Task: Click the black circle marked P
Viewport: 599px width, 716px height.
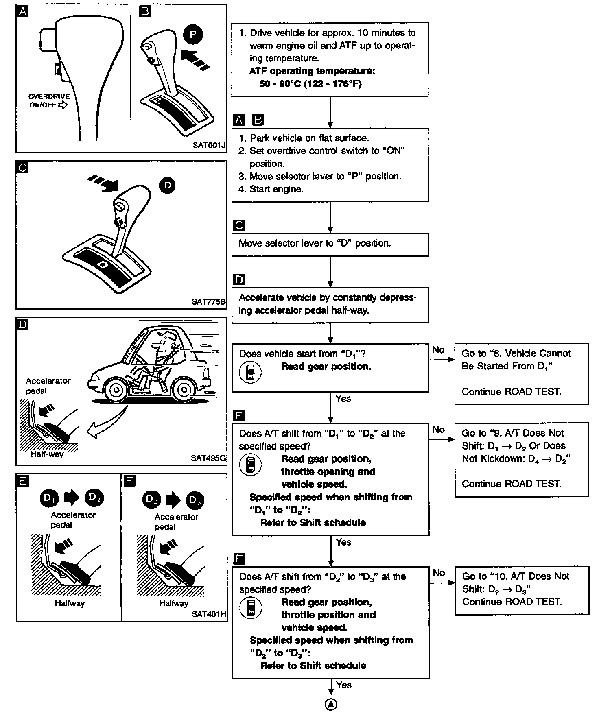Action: pyautogui.click(x=193, y=34)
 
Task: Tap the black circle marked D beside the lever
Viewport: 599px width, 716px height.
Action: pyautogui.click(x=167, y=186)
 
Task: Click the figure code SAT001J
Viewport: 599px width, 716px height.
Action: pyautogui.click(x=209, y=145)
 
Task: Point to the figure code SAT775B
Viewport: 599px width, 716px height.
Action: pyautogui.click(x=208, y=302)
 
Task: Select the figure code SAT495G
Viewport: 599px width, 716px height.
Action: pyautogui.click(x=208, y=458)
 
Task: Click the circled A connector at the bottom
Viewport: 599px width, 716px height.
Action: pyautogui.click(x=330, y=705)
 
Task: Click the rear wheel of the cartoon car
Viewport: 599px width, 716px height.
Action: pyautogui.click(x=184, y=390)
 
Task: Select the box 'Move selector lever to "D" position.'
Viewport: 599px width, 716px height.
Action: pyautogui.click(x=330, y=244)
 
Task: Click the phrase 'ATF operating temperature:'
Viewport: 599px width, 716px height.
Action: pyautogui.click(x=312, y=71)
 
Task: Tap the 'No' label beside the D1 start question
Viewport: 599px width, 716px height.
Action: pyautogui.click(x=438, y=350)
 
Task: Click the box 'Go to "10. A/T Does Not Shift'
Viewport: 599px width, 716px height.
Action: pyautogui.click(x=521, y=590)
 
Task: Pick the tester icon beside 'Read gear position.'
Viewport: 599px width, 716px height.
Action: pyautogui.click(x=250, y=372)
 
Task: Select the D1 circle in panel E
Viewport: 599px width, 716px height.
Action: pyautogui.click(x=50, y=498)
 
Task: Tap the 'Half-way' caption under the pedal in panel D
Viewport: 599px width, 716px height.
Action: pyautogui.click(x=47, y=454)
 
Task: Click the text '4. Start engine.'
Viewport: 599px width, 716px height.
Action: pyautogui.click(x=271, y=189)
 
